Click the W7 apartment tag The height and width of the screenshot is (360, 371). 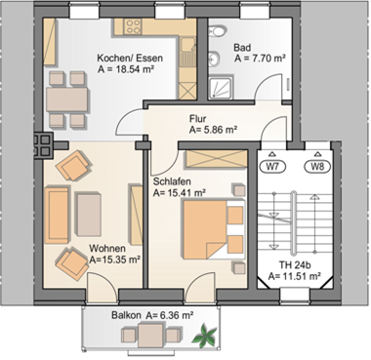[272, 167]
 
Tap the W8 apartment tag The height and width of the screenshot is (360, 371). [317, 167]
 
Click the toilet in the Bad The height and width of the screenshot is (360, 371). [218, 32]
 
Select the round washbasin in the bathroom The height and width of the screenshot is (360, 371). [214, 59]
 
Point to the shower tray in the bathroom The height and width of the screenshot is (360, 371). [221, 87]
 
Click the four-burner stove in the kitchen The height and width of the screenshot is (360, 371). [134, 26]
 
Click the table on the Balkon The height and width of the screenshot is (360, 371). [150, 336]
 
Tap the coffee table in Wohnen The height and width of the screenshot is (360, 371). [88, 215]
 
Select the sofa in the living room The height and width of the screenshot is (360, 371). [58, 216]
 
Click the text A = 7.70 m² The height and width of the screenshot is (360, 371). [260, 59]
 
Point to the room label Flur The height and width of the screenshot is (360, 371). [197, 119]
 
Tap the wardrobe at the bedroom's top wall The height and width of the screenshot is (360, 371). [216, 159]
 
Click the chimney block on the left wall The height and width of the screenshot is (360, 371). [43, 145]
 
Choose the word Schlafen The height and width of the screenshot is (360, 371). [172, 181]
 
